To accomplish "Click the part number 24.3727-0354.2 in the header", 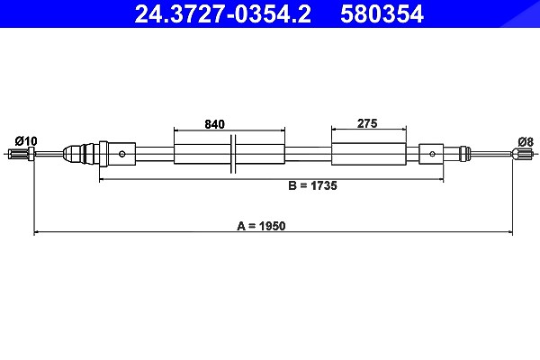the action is [x=223, y=14].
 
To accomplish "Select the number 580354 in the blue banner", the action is [x=382, y=14].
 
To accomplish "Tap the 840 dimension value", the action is [x=214, y=124].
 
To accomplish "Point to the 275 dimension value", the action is [x=367, y=123].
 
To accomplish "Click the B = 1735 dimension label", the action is [x=312, y=185].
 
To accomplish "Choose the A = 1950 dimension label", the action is [x=261, y=226].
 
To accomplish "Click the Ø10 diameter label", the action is [x=26, y=141].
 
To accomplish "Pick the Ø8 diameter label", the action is [x=526, y=141].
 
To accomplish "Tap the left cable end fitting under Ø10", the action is [x=21, y=154].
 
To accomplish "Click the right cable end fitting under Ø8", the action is [x=523, y=154].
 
